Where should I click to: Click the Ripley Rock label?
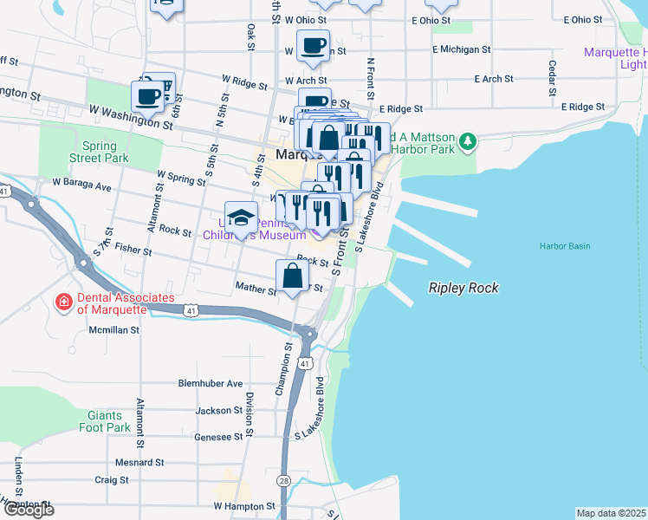463,288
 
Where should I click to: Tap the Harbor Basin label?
564,246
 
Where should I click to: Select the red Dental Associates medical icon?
63,302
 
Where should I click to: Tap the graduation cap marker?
242,217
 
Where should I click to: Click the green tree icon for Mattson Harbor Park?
468,140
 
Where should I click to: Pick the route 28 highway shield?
284,480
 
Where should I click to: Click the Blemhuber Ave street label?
211,384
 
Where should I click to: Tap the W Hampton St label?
244,505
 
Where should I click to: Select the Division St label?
249,414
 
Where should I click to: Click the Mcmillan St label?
115,329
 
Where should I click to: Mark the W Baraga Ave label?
82,185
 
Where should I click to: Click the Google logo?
28,510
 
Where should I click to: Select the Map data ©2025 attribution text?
611,513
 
